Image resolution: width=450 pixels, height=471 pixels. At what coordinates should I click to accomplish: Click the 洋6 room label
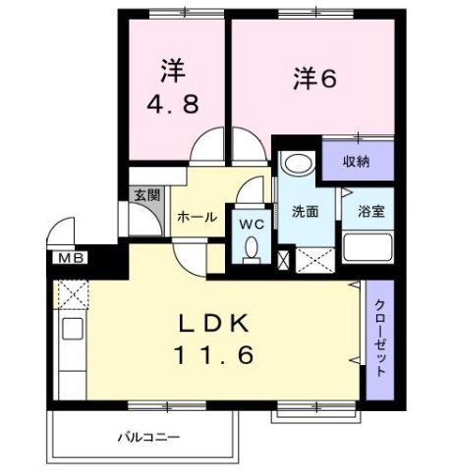pyautogui.click(x=314, y=78)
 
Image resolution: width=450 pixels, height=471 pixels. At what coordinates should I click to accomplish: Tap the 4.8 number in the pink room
pyautogui.click(x=173, y=104)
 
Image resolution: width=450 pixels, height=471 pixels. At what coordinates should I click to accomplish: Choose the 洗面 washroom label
pyautogui.click(x=305, y=211)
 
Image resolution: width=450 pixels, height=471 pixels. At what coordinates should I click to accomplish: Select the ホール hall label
pyautogui.click(x=196, y=217)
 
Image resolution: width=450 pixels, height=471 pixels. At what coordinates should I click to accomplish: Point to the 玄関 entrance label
pyautogui.click(x=145, y=194)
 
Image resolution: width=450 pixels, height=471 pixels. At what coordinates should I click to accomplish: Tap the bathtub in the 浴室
pyautogui.click(x=367, y=249)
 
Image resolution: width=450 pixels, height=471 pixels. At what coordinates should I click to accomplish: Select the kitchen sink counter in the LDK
pyautogui.click(x=72, y=343)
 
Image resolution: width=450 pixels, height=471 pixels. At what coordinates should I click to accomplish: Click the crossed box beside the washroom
pyautogui.click(x=284, y=261)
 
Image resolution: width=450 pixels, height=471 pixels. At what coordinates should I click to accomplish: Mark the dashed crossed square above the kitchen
pyautogui.click(x=72, y=293)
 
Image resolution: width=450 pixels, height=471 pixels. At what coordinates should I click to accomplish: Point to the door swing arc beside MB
pyautogui.click(x=61, y=236)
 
